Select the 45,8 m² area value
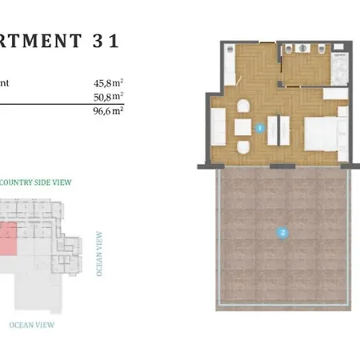point(108,81)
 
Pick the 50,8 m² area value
point(108,96)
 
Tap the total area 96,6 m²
point(108,111)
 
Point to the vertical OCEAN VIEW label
point(99,254)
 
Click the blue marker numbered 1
point(258,126)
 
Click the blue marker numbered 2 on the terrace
point(281,234)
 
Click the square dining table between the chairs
point(242,127)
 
